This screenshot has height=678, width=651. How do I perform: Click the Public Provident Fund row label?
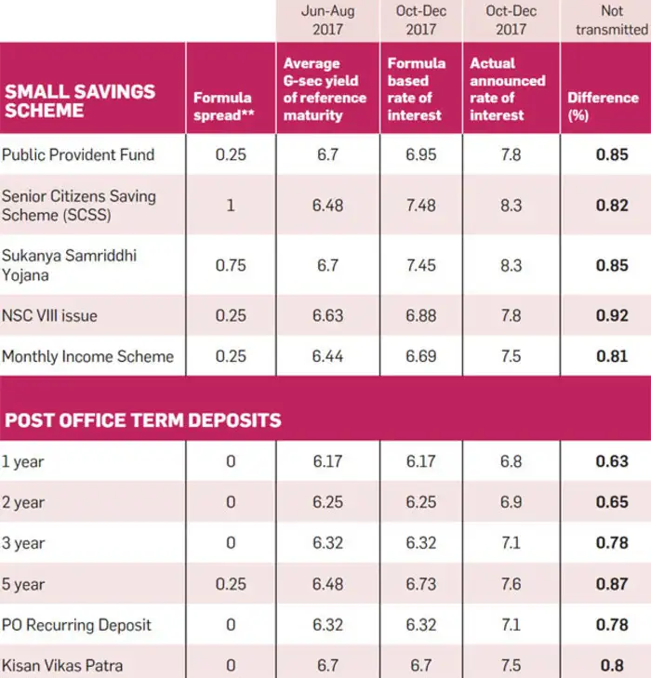[x=78, y=154]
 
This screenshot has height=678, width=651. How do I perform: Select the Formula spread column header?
[x=223, y=106]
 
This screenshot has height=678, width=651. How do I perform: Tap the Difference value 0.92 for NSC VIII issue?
[x=611, y=316]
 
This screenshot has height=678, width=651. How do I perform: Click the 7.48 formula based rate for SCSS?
[x=420, y=206]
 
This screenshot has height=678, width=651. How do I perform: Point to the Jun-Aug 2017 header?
[x=326, y=20]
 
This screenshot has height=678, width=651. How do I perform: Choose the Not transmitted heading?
[x=611, y=20]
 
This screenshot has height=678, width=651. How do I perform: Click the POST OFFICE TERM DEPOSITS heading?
[x=143, y=419]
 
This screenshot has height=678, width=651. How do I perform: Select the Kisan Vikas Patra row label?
[x=62, y=665]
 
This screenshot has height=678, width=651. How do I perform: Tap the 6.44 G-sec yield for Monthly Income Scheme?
[x=327, y=356]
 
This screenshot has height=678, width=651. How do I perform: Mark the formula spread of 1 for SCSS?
[x=231, y=206]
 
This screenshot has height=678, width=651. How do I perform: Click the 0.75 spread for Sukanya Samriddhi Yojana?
[x=231, y=265]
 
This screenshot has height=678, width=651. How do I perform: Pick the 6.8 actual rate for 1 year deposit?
[x=511, y=461]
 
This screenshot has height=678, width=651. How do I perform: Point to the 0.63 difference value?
[x=611, y=461]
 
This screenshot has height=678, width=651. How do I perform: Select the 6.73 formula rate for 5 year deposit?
[x=420, y=584]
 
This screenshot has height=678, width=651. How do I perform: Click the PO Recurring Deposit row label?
[x=77, y=624]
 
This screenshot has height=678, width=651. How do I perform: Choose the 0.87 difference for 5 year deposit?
[x=611, y=584]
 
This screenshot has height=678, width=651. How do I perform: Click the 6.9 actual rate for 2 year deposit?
[x=511, y=502]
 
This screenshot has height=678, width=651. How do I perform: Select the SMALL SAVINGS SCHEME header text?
[x=80, y=101]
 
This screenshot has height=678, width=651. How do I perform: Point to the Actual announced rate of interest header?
[x=508, y=89]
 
